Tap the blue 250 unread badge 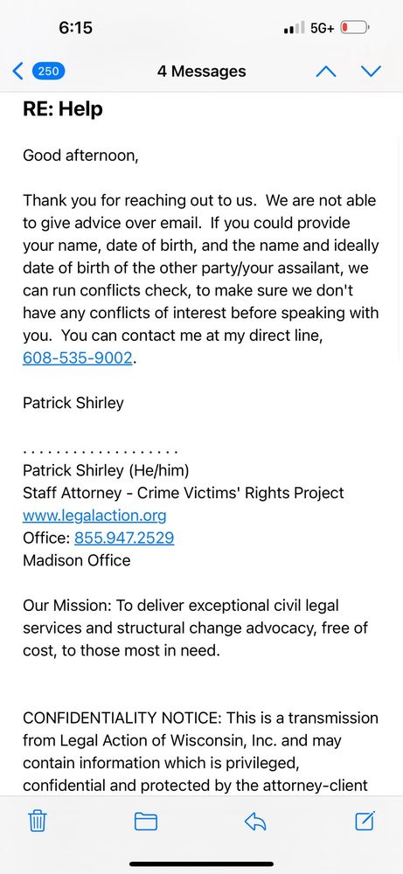[48, 72]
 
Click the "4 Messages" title [201, 72]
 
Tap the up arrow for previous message [325, 72]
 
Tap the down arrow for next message [371, 72]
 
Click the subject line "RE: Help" [63, 109]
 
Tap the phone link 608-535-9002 [78, 358]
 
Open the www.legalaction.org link [94, 516]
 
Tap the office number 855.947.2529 [124, 538]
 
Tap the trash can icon [37, 821]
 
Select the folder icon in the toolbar [145, 821]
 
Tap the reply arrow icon [254, 821]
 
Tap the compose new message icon [365, 821]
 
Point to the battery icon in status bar [355, 28]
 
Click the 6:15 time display [75, 28]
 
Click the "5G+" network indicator [322, 28]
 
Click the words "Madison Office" [77, 561]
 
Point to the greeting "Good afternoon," [80, 156]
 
